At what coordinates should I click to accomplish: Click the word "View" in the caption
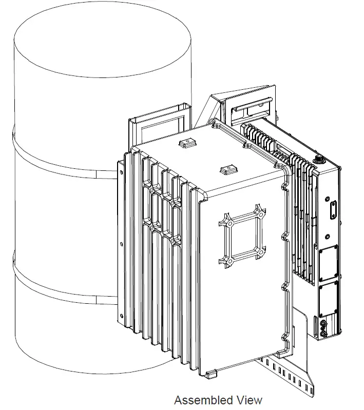point(249,400)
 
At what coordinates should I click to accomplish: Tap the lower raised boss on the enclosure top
point(226,169)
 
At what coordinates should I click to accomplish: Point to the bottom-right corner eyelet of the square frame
point(261,252)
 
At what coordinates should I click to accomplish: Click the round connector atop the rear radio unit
point(318,160)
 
